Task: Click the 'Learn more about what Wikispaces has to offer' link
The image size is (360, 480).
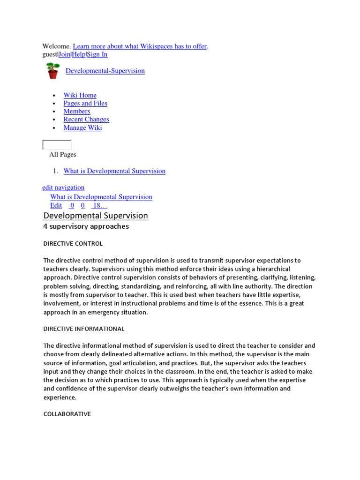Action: (140, 46)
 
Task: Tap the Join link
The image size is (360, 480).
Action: (64, 54)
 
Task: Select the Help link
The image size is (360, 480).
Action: (79, 54)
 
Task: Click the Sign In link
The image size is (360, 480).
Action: (97, 54)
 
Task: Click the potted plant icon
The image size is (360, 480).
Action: (52, 71)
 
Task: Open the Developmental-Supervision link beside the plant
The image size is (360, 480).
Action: (105, 71)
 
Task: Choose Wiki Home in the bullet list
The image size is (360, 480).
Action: (80, 95)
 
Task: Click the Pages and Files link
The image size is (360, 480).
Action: (85, 103)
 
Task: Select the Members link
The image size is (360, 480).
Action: (77, 111)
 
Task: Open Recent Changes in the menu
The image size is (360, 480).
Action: (86, 120)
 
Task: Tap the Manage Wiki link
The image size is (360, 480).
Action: (82, 127)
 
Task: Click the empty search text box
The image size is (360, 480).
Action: (57, 145)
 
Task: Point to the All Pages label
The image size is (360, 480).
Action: (63, 155)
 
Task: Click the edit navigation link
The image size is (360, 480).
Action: (63, 187)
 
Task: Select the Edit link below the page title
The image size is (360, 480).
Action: (56, 205)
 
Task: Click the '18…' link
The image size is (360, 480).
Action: (100, 205)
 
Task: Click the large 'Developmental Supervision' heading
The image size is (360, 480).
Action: (96, 216)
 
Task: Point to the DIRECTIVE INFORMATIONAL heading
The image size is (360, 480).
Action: (84, 329)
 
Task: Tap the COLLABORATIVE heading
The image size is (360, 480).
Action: (67, 414)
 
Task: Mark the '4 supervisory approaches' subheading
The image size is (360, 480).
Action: (86, 226)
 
